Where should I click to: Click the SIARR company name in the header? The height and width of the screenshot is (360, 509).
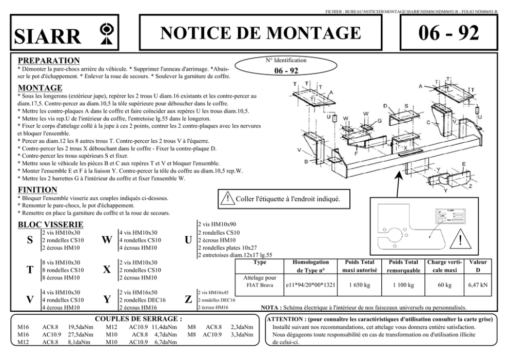point(48,36)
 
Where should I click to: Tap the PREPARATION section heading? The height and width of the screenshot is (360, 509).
point(49,61)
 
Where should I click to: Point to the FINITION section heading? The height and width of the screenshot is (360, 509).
point(38,190)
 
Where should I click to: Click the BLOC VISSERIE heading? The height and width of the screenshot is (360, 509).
point(51,225)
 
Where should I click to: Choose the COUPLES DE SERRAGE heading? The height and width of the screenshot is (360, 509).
point(139,319)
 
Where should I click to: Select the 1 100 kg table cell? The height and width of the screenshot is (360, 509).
point(404,285)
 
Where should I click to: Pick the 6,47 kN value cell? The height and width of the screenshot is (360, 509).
point(477,285)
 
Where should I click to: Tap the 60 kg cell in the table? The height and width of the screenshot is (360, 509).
point(444,285)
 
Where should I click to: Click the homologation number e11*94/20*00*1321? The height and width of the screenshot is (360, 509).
point(312,285)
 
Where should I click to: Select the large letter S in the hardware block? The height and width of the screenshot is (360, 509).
point(30,241)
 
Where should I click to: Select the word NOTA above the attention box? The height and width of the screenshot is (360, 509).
point(270,308)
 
